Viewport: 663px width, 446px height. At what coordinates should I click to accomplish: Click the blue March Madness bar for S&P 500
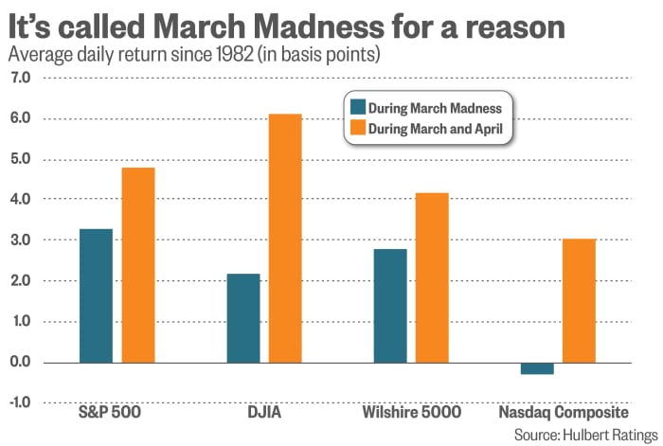pyautogui.click(x=96, y=295)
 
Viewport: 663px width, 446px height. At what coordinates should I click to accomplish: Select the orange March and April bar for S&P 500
pyautogui.click(x=139, y=265)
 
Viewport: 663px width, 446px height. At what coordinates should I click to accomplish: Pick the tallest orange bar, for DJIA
pyautogui.click(x=285, y=238)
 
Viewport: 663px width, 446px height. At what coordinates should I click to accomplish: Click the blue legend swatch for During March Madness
pyautogui.click(x=357, y=106)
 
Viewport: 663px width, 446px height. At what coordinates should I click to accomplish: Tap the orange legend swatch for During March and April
pyautogui.click(x=357, y=128)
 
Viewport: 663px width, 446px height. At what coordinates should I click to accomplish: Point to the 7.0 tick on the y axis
pyautogui.click(x=22, y=78)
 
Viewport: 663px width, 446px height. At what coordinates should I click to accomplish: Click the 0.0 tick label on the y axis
pyautogui.click(x=22, y=363)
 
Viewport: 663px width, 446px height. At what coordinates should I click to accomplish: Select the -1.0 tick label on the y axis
pyautogui.click(x=20, y=403)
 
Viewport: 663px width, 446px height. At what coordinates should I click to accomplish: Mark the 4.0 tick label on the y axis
pyautogui.click(x=22, y=200)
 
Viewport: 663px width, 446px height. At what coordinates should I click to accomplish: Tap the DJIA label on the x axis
pyautogui.click(x=264, y=414)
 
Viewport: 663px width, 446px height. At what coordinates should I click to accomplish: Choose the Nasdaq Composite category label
pyautogui.click(x=564, y=414)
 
